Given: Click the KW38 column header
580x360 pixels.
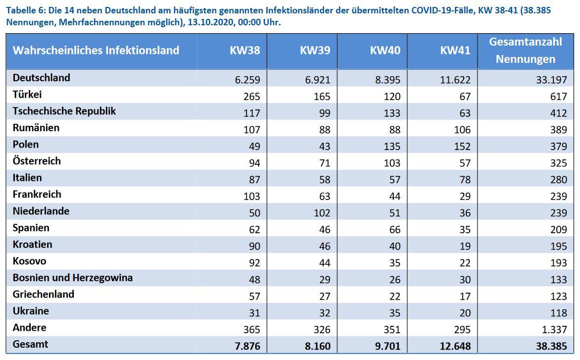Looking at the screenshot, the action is point(245,51).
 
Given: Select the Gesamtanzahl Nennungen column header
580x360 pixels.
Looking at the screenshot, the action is point(525,51).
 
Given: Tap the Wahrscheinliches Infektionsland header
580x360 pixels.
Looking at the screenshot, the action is point(96,51).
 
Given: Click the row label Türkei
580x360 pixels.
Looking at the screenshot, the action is point(27,95).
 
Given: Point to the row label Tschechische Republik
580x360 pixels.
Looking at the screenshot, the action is point(64,111).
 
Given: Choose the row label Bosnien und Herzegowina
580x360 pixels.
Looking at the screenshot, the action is point(72,278).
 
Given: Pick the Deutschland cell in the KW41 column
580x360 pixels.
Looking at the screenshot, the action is point(455,80).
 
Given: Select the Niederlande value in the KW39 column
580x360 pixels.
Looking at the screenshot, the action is point(322,213).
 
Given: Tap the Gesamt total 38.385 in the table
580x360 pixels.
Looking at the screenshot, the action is point(551,346).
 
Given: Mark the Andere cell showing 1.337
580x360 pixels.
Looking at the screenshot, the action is point(554,329).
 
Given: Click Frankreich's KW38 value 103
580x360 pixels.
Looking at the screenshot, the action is point(251,196).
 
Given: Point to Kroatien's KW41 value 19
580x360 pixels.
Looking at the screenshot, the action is point(465,246).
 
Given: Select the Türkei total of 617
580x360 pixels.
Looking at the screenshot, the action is point(559,96).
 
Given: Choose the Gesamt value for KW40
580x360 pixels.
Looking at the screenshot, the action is point(387,346).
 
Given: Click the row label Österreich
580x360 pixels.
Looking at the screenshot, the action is point(37,161).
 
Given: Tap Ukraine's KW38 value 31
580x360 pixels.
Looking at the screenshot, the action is point(254,312).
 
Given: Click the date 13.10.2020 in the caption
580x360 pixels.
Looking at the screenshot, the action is point(211,22).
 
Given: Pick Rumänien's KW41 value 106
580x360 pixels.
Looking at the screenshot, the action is point(462,130).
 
